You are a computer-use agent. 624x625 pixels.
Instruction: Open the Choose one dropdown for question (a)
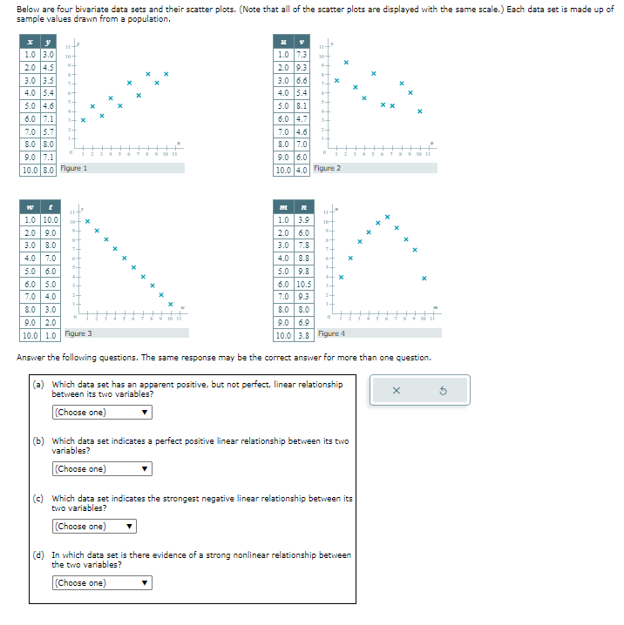(x=102, y=413)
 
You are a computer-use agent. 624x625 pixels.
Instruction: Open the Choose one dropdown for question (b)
(x=102, y=469)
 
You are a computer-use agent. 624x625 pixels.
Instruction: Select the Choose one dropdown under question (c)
(x=93, y=527)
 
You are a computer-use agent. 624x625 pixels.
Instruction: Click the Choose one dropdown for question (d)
(x=93, y=583)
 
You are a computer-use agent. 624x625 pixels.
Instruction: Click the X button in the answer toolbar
(x=397, y=391)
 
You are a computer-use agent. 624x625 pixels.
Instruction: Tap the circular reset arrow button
(x=442, y=391)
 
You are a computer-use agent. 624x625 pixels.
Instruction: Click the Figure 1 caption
(x=73, y=168)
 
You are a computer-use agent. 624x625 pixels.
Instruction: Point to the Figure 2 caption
(x=325, y=168)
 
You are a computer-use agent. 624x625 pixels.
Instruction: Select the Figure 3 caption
(x=78, y=333)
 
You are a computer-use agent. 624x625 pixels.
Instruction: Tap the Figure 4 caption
(x=332, y=333)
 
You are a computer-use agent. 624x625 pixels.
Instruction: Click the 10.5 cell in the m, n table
(x=304, y=285)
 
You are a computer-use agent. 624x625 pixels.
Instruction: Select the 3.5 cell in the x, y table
(x=50, y=80)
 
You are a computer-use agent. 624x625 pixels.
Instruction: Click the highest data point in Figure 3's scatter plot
(x=87, y=221)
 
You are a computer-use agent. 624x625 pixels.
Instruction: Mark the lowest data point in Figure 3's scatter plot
(x=171, y=304)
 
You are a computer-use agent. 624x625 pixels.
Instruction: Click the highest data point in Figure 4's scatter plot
(x=387, y=217)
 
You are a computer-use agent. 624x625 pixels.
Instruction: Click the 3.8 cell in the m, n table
(x=304, y=335)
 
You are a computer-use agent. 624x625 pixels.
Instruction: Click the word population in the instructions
(x=149, y=18)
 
